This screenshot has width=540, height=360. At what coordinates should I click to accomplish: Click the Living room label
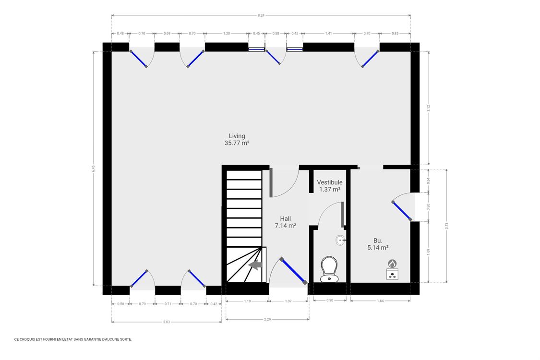click(237, 136)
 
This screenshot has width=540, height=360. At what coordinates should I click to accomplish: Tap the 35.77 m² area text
click(237, 143)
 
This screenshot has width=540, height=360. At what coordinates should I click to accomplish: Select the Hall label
click(286, 219)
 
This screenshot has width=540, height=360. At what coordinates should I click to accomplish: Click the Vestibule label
click(330, 182)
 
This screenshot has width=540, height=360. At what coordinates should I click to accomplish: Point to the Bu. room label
click(378, 240)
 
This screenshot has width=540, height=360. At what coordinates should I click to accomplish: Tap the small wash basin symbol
click(340, 240)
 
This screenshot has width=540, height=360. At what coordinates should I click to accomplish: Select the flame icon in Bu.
click(393, 264)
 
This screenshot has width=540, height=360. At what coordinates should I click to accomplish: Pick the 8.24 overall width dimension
click(261, 16)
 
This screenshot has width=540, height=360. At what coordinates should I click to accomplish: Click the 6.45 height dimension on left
click(94, 168)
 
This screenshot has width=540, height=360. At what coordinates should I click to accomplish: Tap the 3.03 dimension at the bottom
click(167, 322)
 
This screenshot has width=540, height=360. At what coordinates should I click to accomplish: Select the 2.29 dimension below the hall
click(267, 319)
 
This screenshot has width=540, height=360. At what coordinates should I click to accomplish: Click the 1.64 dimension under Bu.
click(380, 301)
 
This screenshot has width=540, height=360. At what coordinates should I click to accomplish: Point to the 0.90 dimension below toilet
click(330, 301)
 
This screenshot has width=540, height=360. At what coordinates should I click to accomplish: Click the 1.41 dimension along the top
click(329, 34)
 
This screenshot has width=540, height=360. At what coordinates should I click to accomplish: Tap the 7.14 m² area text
click(286, 226)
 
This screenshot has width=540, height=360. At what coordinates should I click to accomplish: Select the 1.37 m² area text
click(330, 190)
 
